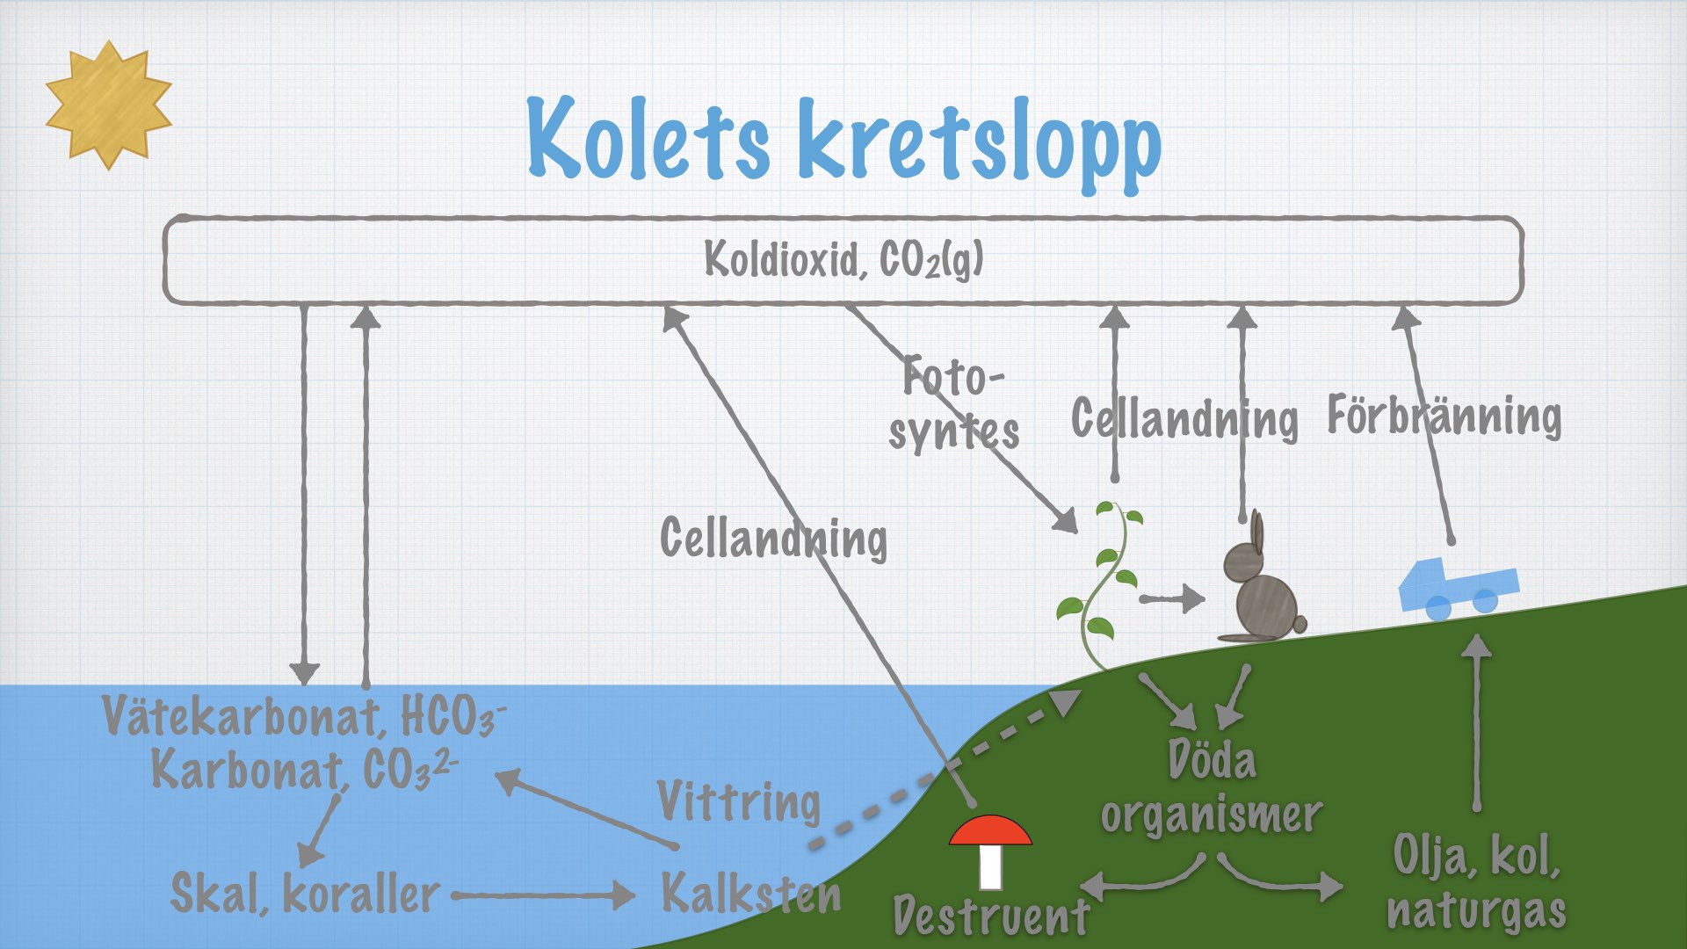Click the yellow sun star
(x=108, y=105)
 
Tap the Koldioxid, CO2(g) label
(x=843, y=259)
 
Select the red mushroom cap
(x=990, y=830)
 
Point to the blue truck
(x=1458, y=588)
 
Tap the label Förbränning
(x=1444, y=416)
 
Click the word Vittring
(x=739, y=802)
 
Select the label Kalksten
(x=751, y=894)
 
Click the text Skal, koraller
(x=304, y=894)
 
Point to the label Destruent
(x=991, y=916)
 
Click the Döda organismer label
(x=1212, y=786)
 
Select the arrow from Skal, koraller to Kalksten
(x=544, y=895)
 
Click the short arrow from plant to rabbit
(x=1172, y=598)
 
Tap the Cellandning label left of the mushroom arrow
(x=773, y=538)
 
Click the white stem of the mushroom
(x=990, y=867)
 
